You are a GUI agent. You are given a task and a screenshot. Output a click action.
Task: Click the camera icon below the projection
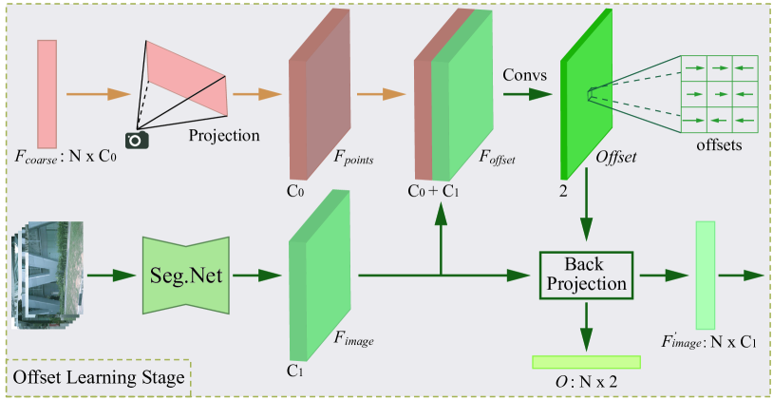coord(139,140)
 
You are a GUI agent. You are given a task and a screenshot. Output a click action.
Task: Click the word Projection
coord(224,135)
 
